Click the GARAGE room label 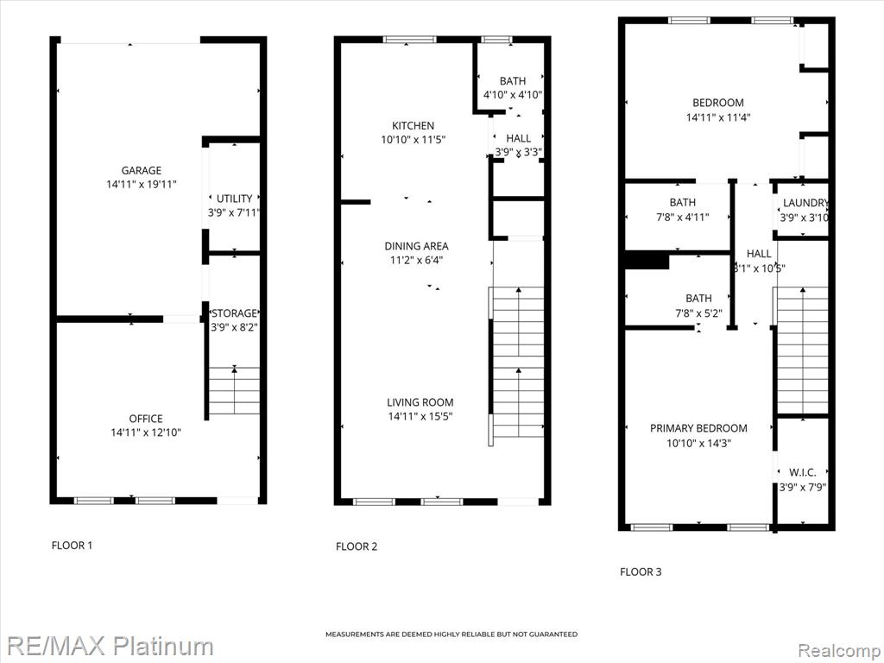[142, 170]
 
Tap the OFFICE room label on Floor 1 [146, 419]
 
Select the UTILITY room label [235, 199]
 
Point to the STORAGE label [234, 313]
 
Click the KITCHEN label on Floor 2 [414, 126]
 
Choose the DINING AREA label [417, 246]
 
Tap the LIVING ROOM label [420, 402]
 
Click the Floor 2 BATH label [513, 81]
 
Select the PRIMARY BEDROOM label [698, 428]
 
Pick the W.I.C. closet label [802, 472]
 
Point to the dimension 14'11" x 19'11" [142, 185]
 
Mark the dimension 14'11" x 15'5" [420, 417]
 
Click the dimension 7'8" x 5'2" [698, 313]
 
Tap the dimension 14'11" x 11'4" [718, 117]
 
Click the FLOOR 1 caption [72, 546]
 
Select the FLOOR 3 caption [641, 571]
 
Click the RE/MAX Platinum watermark [110, 646]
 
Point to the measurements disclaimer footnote [451, 635]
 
